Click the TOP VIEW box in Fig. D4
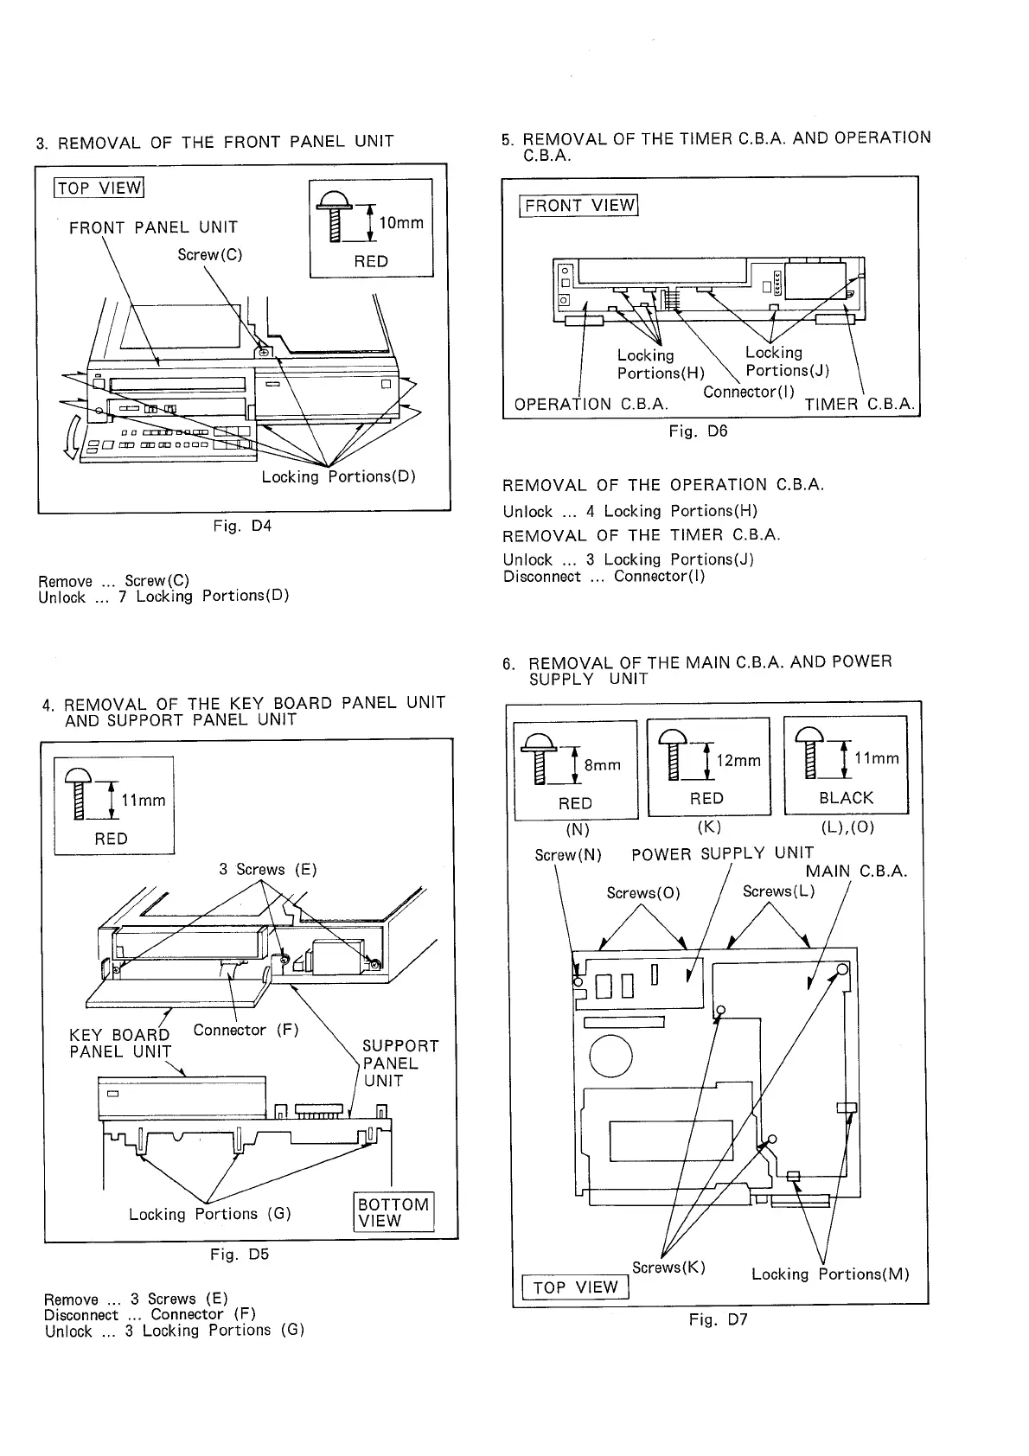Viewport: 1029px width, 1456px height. click(99, 188)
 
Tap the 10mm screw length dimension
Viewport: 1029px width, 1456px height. click(401, 223)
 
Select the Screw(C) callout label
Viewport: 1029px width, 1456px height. click(209, 254)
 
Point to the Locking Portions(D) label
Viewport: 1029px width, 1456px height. click(339, 476)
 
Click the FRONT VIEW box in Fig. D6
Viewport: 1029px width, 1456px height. click(578, 205)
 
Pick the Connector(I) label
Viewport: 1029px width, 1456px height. click(749, 392)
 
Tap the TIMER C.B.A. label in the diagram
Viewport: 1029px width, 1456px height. click(860, 405)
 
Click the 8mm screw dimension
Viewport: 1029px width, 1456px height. click(603, 764)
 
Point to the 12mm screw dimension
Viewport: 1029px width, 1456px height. click(738, 760)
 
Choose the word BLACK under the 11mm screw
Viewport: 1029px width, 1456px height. click(846, 798)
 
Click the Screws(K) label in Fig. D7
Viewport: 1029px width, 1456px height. click(668, 1268)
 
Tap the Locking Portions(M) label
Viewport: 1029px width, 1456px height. click(830, 1274)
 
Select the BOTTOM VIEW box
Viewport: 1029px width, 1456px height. click(393, 1212)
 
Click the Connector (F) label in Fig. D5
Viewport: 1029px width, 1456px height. click(246, 1030)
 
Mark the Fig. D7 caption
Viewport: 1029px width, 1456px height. click(718, 1319)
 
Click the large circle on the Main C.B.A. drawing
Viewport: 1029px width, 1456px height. click(610, 1057)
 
